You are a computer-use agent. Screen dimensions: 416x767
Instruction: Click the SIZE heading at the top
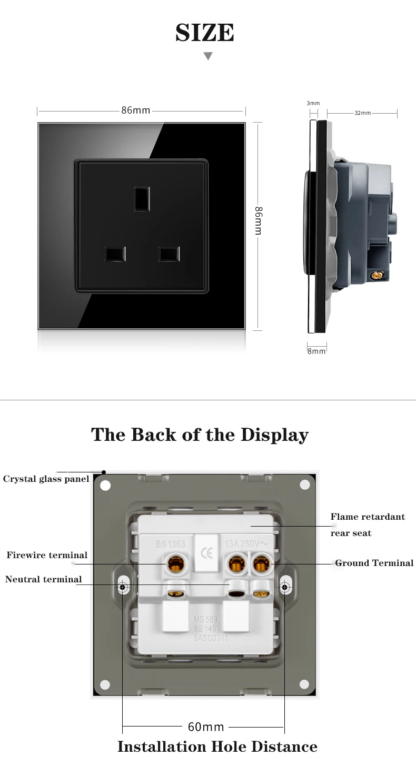tap(205, 33)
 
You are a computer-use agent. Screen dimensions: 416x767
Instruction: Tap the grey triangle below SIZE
tap(208, 56)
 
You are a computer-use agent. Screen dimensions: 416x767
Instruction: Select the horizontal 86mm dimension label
tap(136, 110)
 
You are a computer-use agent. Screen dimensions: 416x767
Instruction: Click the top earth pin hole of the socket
tap(141, 199)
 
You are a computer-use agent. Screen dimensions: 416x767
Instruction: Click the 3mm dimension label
tap(313, 104)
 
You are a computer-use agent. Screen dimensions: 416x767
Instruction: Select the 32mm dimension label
tap(362, 113)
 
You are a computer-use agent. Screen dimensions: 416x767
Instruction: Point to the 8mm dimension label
tap(316, 351)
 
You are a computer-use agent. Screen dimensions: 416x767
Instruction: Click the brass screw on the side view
tap(377, 275)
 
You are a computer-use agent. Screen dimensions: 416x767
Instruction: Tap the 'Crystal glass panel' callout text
tap(46, 479)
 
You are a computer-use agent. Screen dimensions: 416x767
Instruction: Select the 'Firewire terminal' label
tap(47, 555)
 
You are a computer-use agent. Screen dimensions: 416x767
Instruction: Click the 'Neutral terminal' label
tap(44, 579)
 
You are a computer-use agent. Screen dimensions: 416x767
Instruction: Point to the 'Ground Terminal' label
tap(374, 563)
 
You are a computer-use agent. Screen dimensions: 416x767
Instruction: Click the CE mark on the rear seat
tap(206, 554)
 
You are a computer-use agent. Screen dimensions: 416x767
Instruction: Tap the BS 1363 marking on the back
tap(170, 544)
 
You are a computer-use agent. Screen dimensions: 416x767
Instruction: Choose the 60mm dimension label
tap(206, 727)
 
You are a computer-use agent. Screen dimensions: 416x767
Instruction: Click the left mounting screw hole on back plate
tap(123, 587)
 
